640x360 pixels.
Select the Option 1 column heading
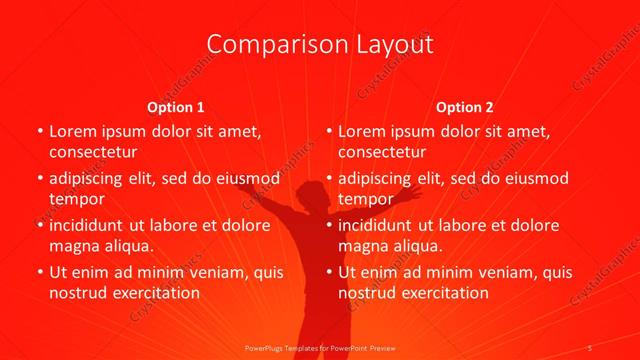[176, 106]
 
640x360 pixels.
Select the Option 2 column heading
[466, 106]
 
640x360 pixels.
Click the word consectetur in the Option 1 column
[93, 151]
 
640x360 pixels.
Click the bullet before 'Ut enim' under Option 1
[38, 273]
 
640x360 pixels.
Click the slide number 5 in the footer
[591, 347]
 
